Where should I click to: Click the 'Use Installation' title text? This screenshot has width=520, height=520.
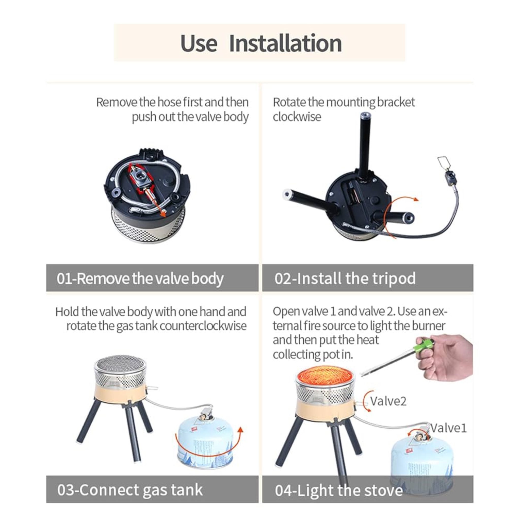tap(261, 43)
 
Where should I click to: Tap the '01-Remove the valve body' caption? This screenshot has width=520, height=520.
tap(140, 279)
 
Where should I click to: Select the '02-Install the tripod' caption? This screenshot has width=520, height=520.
tap(345, 278)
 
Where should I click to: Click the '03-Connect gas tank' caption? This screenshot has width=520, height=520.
tap(130, 490)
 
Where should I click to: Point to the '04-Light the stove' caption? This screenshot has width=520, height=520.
tap(339, 490)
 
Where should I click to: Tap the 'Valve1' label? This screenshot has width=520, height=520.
tap(448, 428)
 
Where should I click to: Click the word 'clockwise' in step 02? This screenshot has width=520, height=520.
tap(297, 117)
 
